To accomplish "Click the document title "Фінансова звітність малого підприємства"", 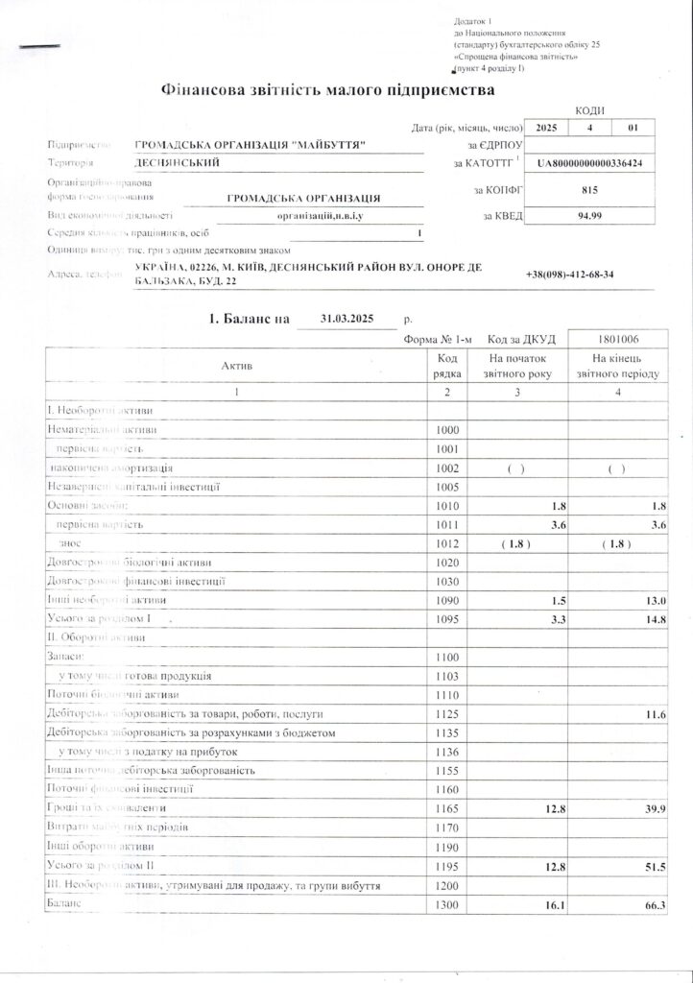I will click(x=329, y=90).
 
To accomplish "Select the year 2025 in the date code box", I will click(x=546, y=127).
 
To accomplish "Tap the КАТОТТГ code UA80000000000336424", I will click(x=590, y=164).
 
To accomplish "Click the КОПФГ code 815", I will click(x=590, y=190).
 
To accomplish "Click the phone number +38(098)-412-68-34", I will click(x=570, y=275).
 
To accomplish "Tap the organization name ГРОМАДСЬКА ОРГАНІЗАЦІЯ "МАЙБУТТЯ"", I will click(x=253, y=144).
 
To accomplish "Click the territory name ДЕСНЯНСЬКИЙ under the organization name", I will click(x=178, y=163).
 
